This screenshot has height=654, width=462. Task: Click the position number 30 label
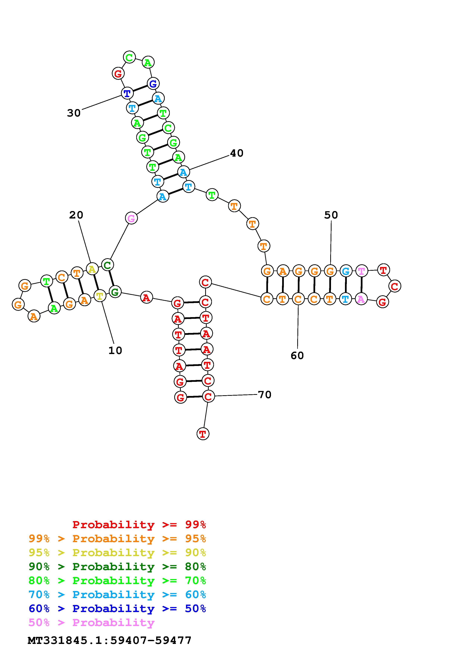74,113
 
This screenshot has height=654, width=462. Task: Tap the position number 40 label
236,153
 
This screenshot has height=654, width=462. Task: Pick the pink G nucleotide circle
131,218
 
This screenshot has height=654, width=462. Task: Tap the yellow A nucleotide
92,269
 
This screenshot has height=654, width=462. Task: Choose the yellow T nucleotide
100,296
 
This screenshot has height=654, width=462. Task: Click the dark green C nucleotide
107,265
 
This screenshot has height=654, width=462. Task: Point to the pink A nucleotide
361,299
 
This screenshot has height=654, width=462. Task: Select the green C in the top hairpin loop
129,57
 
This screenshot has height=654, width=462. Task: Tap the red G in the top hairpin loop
118,73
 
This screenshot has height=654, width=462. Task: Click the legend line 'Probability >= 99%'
139,524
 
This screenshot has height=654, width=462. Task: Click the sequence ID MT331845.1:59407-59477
110,640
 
